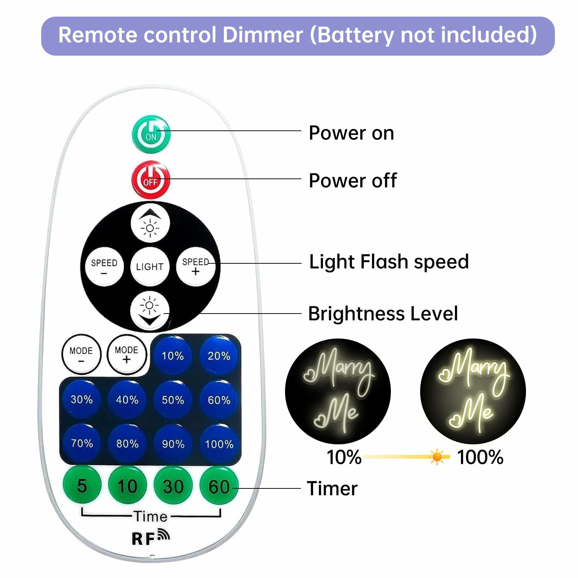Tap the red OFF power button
click(x=150, y=180)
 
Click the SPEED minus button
click(x=104, y=267)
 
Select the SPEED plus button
click(x=195, y=267)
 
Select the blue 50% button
click(x=173, y=400)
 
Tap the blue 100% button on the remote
click(x=219, y=444)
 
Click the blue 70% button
click(x=82, y=443)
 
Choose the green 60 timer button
click(x=219, y=486)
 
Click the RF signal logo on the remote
click(x=150, y=537)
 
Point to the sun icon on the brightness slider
click(x=437, y=457)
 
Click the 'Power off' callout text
click(x=353, y=180)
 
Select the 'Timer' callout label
click(x=332, y=488)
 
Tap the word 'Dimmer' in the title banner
click(x=263, y=35)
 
